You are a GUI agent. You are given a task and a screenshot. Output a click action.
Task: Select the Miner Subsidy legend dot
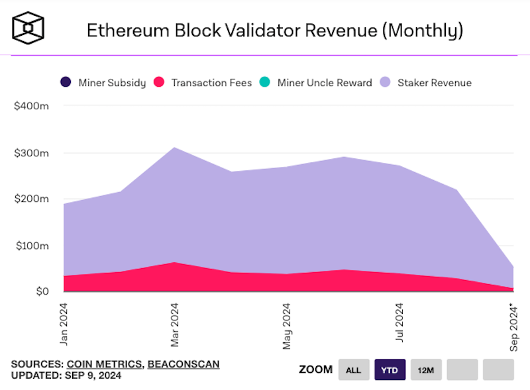[65, 83]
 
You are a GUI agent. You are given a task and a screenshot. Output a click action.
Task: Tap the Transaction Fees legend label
[211, 83]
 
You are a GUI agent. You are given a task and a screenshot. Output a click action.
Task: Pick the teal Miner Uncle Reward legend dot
[264, 83]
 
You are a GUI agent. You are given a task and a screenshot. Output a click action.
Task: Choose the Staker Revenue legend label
[435, 83]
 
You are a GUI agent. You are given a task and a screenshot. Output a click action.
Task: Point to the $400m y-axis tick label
[30, 106]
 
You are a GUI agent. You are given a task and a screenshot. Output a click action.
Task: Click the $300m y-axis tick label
[30, 153]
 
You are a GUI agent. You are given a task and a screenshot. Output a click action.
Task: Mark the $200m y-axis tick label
[30, 199]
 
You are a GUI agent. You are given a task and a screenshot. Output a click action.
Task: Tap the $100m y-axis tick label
[30, 246]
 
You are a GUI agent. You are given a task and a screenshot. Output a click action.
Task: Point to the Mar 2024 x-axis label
[176, 325]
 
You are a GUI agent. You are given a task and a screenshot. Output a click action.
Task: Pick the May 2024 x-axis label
[287, 326]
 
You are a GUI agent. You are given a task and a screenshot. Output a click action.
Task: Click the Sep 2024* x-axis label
[511, 326]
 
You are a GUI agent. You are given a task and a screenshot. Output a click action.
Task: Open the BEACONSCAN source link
[184, 364]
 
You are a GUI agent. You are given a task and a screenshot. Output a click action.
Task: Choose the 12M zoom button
[426, 369]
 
